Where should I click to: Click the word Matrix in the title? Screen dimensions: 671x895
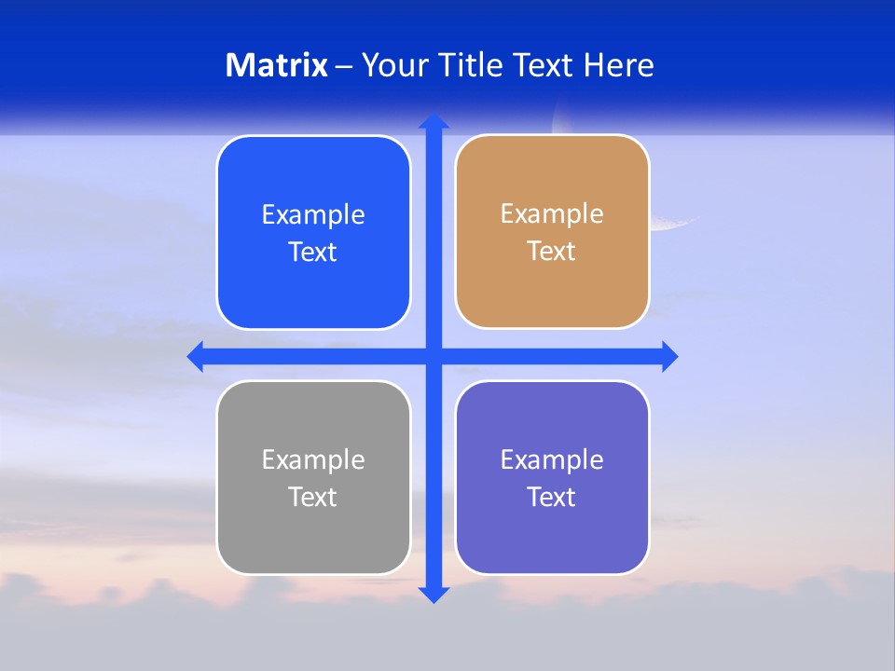[x=277, y=65]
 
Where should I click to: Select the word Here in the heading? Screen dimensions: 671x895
[x=618, y=65]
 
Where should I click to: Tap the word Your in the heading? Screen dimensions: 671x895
[x=395, y=65]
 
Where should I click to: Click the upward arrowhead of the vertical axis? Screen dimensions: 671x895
[x=434, y=121]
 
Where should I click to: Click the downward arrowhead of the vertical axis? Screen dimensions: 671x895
[x=434, y=595]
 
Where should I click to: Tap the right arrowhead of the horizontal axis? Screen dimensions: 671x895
[x=669, y=356]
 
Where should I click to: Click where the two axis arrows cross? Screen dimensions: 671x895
[x=434, y=356]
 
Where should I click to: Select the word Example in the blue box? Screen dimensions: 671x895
[x=313, y=215]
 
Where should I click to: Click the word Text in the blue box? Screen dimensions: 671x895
[x=313, y=253]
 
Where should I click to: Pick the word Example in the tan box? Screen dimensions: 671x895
[x=552, y=214]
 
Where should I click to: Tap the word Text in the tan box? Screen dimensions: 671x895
[x=552, y=252]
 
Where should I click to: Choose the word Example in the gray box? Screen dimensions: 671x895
[x=313, y=460]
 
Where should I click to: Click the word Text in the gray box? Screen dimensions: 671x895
[x=313, y=498]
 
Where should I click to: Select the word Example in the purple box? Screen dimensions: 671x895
[x=552, y=460]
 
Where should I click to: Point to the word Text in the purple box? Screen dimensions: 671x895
[x=552, y=498]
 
